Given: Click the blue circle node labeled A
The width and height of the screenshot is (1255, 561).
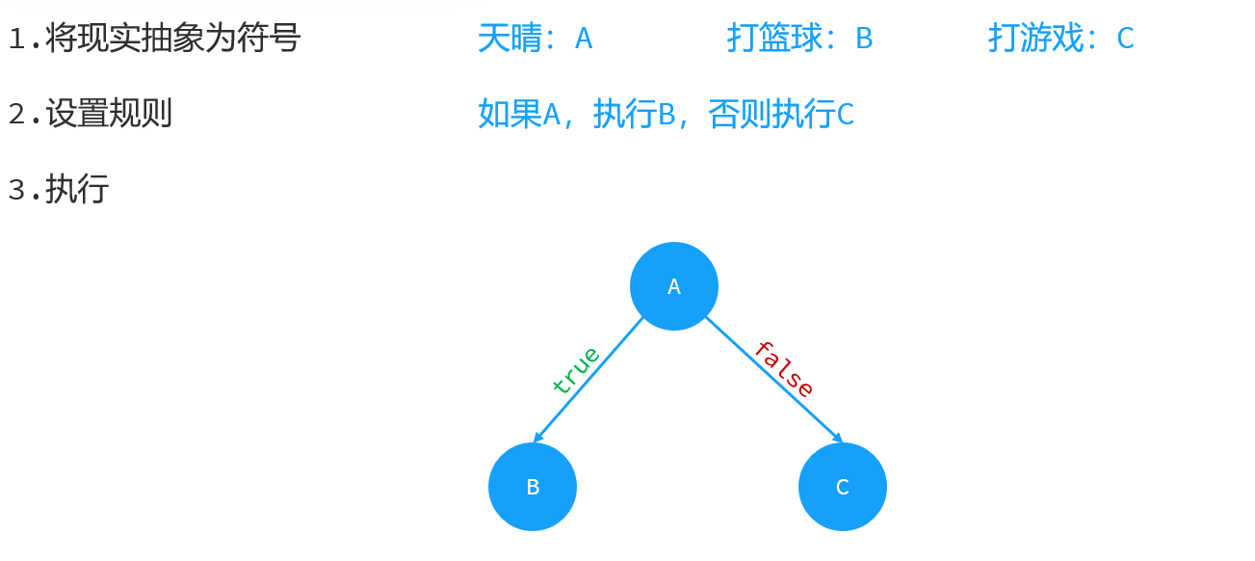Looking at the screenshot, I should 673,286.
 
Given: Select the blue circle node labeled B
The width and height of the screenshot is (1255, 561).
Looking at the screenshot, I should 532,487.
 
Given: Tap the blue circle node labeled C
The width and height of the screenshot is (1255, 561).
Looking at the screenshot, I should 842,487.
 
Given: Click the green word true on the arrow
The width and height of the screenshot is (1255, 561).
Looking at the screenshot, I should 576,369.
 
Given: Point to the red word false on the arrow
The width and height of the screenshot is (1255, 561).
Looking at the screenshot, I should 784,368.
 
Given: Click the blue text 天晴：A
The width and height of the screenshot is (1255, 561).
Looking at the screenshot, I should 535,39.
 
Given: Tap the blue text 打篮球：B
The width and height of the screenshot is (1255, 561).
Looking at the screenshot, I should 799,39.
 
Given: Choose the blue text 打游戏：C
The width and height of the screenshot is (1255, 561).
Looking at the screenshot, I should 1060,39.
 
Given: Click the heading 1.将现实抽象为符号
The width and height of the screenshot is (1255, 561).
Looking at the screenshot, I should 154,39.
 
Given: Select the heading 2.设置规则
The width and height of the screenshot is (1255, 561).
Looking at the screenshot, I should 90,114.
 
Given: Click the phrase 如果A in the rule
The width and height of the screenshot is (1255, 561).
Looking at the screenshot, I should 519,115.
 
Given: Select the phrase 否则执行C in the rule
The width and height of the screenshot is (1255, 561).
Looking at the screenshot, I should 781,115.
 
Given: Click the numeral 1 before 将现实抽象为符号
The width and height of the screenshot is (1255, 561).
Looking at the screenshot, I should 16,40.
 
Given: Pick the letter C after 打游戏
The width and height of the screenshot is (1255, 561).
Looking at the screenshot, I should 1125,40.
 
